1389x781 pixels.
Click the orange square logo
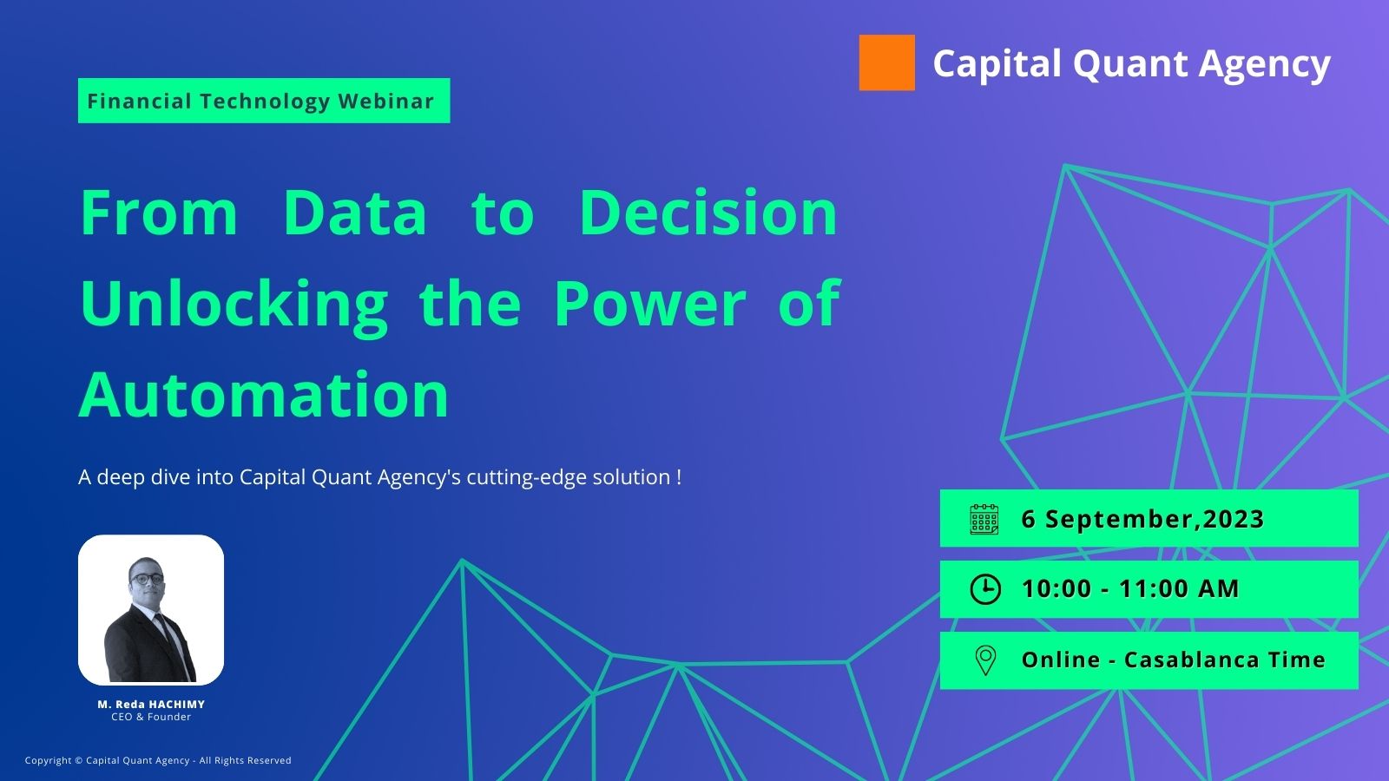pos(886,62)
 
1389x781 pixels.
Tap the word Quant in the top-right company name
pos(1129,64)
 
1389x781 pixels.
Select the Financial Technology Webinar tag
pos(264,101)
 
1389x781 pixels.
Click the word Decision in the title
pos(708,213)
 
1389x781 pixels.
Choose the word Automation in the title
pos(264,395)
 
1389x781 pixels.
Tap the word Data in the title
pos(355,213)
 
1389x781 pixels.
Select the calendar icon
pos(984,519)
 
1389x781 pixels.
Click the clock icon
pos(985,589)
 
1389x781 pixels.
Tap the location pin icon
pos(985,660)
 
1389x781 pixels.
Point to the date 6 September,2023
pos(1142,519)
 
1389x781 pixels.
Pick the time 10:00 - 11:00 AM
pos(1129,589)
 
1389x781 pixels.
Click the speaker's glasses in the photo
pos(148,579)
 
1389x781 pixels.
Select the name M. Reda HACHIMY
pos(151,704)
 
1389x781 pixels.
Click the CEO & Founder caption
pos(151,717)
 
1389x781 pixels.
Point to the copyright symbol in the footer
pos(78,760)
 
